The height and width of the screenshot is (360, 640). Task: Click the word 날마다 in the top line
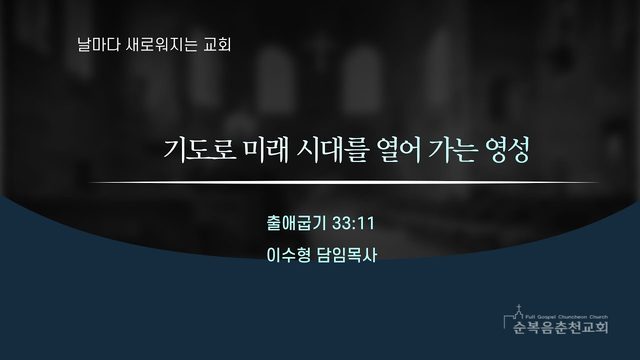(93, 44)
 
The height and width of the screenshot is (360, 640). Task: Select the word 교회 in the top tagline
(217, 44)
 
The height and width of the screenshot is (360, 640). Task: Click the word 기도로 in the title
(200, 150)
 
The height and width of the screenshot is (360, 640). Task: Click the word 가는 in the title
(453, 150)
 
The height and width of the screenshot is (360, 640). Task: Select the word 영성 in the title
(507, 150)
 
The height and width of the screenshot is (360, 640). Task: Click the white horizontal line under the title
(343, 182)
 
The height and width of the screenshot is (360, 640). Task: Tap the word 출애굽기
(296, 223)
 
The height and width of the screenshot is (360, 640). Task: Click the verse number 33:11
(353, 224)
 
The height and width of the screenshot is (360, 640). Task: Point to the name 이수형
(288, 255)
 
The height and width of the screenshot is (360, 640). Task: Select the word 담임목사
(347, 255)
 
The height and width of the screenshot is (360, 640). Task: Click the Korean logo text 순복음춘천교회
(561, 327)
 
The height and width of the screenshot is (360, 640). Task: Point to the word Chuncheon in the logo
(570, 317)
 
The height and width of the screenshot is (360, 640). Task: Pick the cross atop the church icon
(519, 308)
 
